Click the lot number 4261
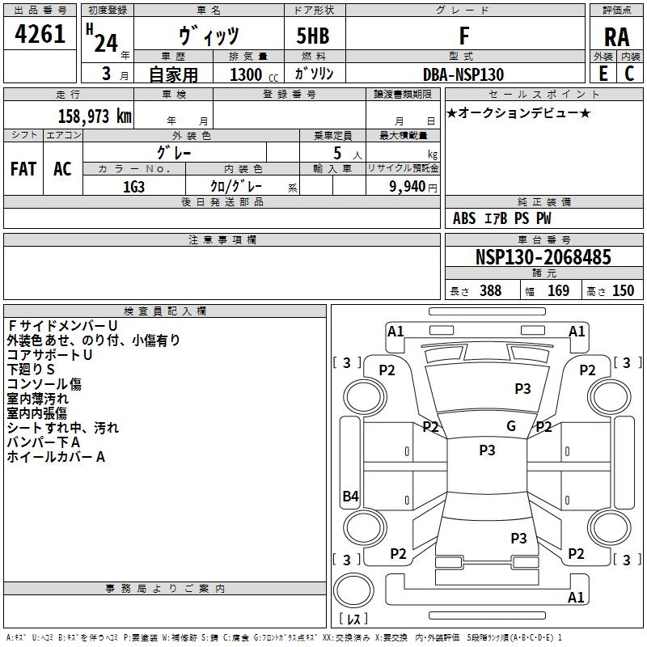coord(40,34)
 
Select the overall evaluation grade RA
coord(616,37)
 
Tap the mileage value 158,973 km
coord(95,116)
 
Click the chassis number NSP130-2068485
coord(543,256)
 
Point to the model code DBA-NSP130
coord(463,74)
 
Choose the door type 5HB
coord(313,36)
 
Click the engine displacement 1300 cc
coord(254,74)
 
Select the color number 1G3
coord(133,187)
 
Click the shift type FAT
coord(23,169)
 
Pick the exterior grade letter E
coord(603,74)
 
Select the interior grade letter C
coord(629,74)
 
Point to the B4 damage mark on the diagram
coord(350,497)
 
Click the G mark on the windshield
coord(511,426)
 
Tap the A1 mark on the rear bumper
coord(576,597)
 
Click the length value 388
coord(491,291)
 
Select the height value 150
coord(623,291)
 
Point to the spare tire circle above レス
coord(353,590)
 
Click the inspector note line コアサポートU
coord(49,355)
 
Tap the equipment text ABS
coord(464,218)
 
